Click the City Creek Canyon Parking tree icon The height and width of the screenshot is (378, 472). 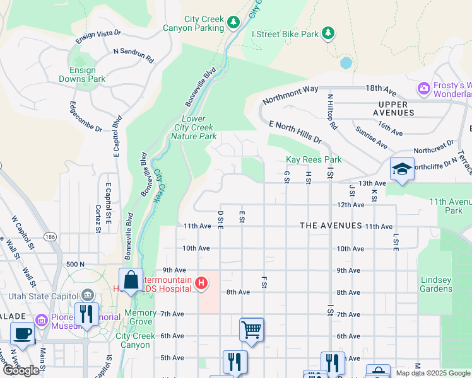234,23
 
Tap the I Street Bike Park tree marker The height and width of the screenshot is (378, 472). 327,33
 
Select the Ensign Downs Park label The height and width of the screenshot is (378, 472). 82,75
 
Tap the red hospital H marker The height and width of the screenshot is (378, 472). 201,283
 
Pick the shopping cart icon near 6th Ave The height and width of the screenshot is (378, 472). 251,329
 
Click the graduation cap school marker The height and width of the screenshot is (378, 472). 402,169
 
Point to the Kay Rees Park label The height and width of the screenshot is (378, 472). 314,160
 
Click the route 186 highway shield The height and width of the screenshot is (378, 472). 50,236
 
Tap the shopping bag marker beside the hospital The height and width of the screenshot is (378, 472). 131,280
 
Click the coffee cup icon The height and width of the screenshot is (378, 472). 23,334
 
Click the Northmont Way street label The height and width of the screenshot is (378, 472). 291,94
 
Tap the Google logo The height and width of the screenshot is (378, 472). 21,370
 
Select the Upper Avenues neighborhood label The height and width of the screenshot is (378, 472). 397,108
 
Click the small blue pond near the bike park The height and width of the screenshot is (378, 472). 345,63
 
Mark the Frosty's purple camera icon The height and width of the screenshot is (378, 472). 423,89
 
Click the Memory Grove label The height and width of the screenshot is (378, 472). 140,318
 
